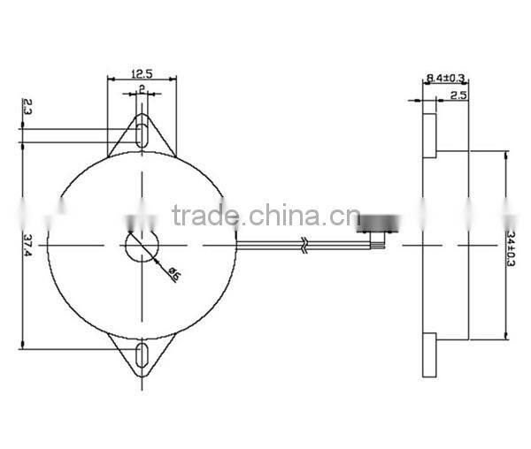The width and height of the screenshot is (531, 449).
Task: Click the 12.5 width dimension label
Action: pos(141,74)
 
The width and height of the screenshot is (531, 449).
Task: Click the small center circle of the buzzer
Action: pos(142,245)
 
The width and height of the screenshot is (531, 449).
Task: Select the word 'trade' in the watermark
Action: pos(204,215)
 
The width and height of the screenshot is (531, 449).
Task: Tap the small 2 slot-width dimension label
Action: pos(142,91)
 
